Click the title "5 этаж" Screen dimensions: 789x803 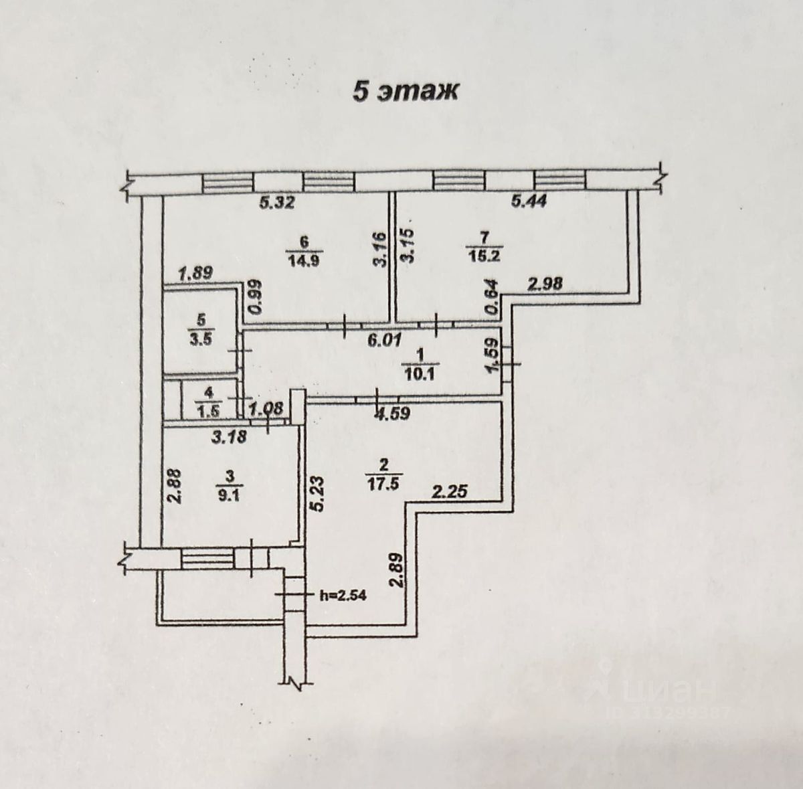click(x=406, y=91)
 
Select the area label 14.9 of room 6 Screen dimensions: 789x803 click(x=303, y=261)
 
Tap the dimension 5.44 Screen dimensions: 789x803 click(x=529, y=201)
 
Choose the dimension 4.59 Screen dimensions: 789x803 click(x=392, y=414)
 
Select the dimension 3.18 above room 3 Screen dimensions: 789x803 click(x=229, y=438)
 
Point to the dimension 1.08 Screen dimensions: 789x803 click(x=267, y=408)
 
